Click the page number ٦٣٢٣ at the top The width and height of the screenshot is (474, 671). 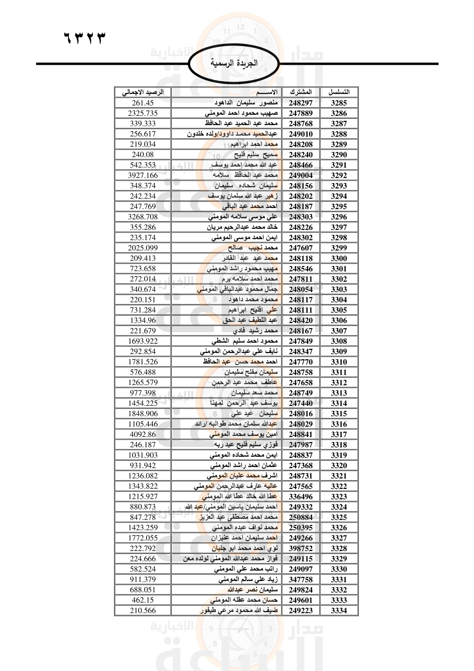pyautogui.click(x=84, y=38)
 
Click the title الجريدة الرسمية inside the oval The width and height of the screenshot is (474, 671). pyautogui.click(x=234, y=63)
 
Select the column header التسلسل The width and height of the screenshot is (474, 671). pyautogui.click(x=339, y=92)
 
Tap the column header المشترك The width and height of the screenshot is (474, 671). pyautogui.click(x=301, y=92)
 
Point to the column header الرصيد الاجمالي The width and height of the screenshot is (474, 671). pyautogui.click(x=143, y=92)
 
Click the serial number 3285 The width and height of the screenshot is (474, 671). pyautogui.click(x=339, y=103)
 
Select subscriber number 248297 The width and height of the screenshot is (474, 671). pyautogui.click(x=301, y=103)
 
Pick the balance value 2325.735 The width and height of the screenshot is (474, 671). pyautogui.click(x=143, y=113)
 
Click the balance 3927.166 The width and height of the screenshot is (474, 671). pyautogui.click(x=143, y=175)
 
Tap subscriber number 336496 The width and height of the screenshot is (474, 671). pyautogui.click(x=301, y=497)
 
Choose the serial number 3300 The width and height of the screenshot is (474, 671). pyautogui.click(x=339, y=258)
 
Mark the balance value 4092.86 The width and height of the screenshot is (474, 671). pyautogui.click(x=143, y=434)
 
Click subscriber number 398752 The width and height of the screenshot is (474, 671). pyautogui.click(x=301, y=548)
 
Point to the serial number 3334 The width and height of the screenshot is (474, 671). pyautogui.click(x=339, y=610)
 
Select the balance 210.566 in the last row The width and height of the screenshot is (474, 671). pyautogui.click(x=143, y=610)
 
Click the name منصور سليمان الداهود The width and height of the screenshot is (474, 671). pyautogui.click(x=246, y=103)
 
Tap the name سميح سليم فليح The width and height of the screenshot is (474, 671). pyautogui.click(x=256, y=155)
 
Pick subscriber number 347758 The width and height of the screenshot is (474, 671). pyautogui.click(x=301, y=579)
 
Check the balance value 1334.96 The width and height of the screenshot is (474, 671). pyautogui.click(x=143, y=320)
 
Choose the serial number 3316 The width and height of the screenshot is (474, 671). pyautogui.click(x=339, y=424)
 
